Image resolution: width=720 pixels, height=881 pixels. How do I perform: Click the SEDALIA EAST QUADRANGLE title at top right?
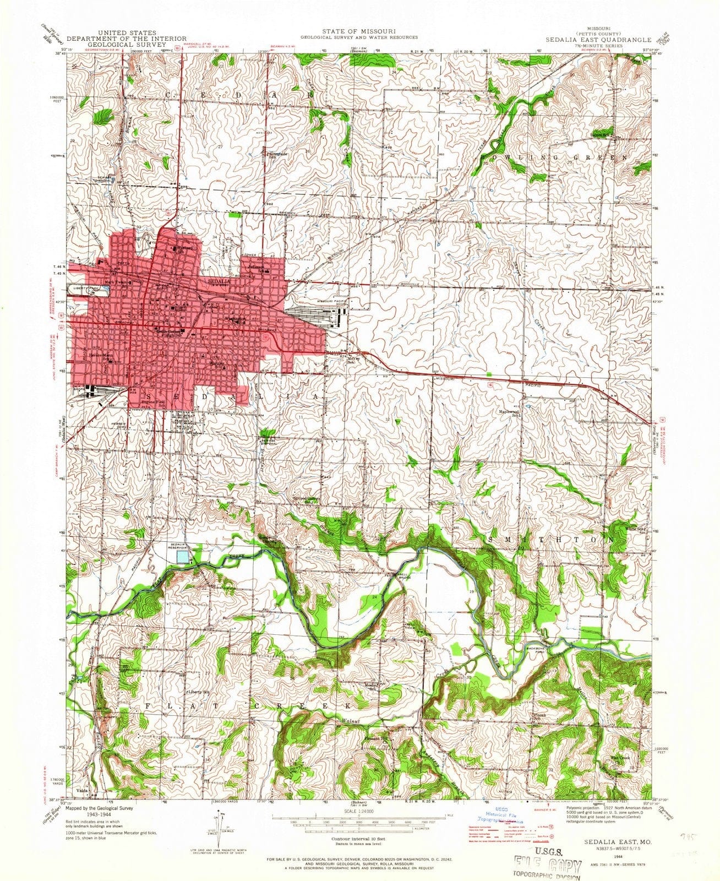coord(598,40)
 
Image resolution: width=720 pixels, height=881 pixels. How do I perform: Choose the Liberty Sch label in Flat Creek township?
coord(199,692)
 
